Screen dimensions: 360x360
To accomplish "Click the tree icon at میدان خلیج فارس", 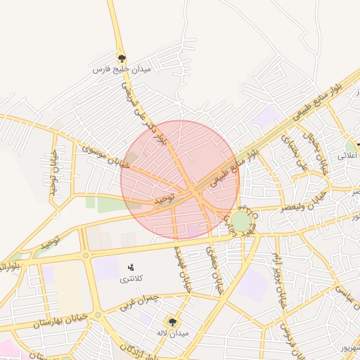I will (x=122, y=58).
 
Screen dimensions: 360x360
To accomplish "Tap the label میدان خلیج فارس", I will (x=122, y=70).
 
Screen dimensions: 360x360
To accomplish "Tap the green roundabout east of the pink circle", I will (x=241, y=222).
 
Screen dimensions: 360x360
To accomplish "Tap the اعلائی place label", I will (x=349, y=157).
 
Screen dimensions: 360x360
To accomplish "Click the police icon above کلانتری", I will (x=130, y=267).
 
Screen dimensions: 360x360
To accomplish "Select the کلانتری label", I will (x=130, y=279).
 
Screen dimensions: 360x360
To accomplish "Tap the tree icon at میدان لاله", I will (x=173, y=321).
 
